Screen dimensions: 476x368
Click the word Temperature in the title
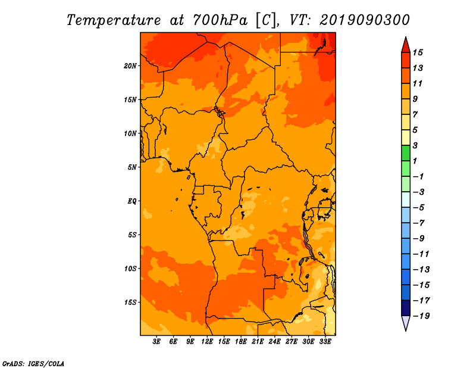(114, 20)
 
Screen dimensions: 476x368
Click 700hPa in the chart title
(220, 20)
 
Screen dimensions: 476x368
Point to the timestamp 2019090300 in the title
(365, 20)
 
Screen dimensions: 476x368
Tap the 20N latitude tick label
(130, 66)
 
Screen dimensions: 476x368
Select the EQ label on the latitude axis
(131, 201)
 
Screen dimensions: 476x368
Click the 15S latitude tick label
(130, 302)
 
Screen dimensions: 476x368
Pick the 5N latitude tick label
(132, 167)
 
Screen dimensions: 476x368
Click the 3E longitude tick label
(156, 342)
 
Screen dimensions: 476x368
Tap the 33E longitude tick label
(325, 342)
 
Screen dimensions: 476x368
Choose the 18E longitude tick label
(241, 342)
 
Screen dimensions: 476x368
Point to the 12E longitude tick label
(207, 342)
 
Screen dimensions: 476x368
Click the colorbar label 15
(418, 52)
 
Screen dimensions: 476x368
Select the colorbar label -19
(421, 316)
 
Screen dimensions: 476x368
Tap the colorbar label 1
(415, 161)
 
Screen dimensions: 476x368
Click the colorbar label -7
(419, 223)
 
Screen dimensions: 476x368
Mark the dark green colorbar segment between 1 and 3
(406, 153)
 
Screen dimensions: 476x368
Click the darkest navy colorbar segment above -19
(406, 308)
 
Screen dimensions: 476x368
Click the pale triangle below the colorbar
(406, 322)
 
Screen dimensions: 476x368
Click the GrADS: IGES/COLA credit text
(33, 364)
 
